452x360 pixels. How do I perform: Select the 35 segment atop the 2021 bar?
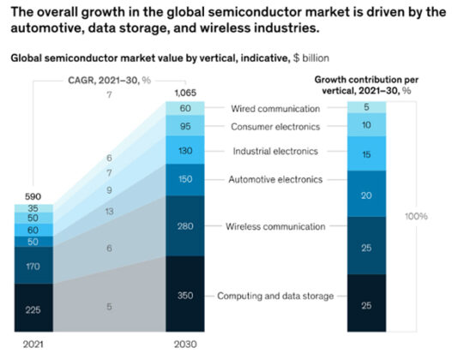coord(33,208)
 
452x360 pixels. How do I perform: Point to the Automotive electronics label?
coord(275,179)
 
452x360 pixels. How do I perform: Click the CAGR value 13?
coord(108,211)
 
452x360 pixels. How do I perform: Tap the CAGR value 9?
coord(108,189)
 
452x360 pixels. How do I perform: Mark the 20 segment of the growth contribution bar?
coord(367,195)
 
